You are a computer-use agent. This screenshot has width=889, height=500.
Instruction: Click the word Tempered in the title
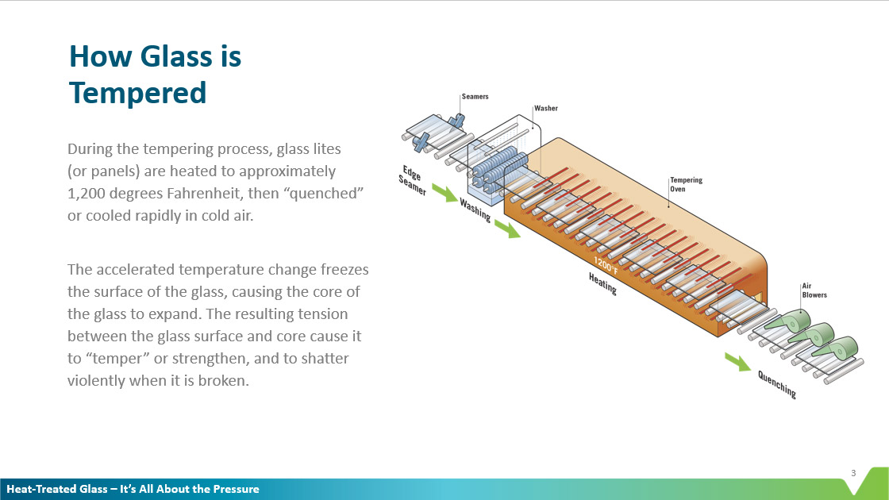137,93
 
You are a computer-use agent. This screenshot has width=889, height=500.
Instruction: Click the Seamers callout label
475,97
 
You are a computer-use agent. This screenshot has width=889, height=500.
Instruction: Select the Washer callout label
545,108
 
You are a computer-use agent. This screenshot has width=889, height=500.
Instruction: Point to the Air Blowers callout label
814,290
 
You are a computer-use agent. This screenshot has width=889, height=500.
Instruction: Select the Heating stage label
602,283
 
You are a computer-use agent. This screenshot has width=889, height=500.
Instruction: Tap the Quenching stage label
776,383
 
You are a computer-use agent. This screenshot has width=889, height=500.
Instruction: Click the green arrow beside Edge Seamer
444,192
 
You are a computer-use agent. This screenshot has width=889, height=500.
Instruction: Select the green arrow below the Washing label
506,229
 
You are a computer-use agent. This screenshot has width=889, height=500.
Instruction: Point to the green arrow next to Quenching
737,362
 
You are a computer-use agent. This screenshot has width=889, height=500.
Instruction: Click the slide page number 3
853,474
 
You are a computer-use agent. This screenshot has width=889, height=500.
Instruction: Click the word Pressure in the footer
236,489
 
